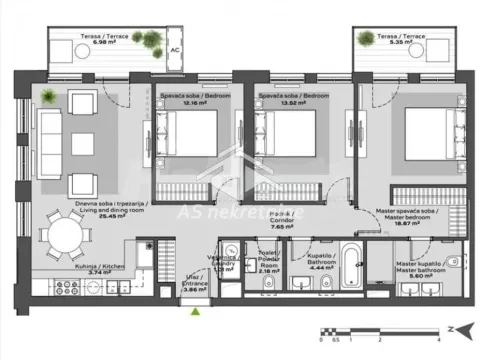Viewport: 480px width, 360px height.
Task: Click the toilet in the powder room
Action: pos(259,290)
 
